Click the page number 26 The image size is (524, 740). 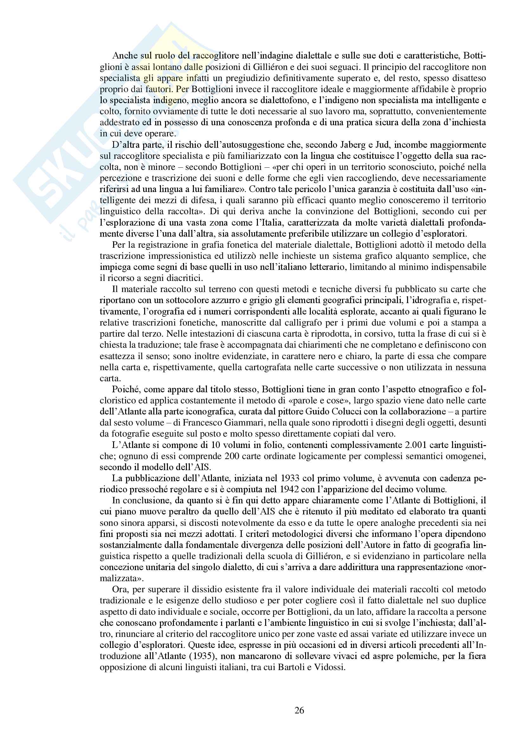299,710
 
